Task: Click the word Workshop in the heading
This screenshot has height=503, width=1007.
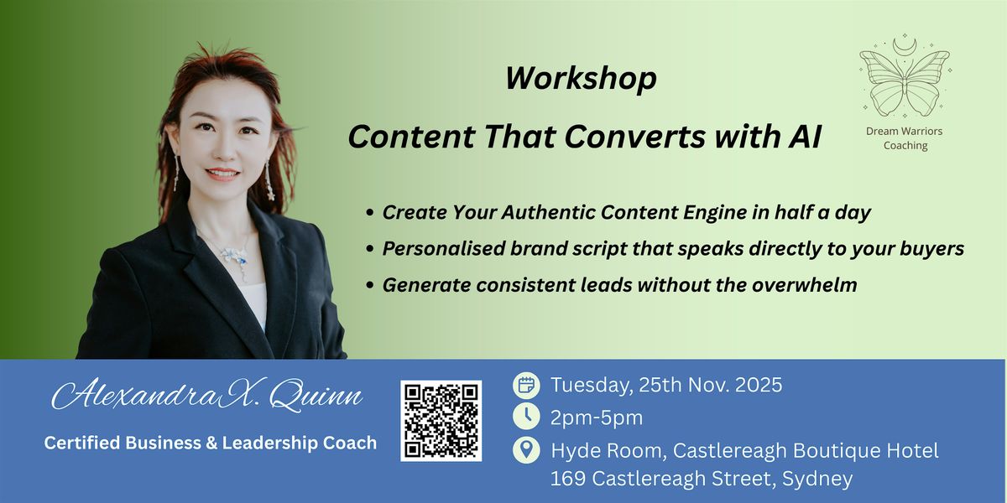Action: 581,79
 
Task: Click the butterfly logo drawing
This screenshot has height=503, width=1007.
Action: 905,79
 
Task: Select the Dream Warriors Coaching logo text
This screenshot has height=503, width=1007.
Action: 905,138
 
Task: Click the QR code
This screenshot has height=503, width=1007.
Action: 441,421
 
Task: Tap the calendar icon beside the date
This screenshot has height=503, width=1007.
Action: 526,386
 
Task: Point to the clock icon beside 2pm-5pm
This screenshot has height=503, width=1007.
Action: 526,417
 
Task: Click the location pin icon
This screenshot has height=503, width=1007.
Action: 526,449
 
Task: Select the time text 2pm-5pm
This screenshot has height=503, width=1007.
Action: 597,417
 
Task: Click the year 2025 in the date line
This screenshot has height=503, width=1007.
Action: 753,386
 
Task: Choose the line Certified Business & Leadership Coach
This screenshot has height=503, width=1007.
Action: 211,443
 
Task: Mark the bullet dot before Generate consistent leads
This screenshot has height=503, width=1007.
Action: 370,286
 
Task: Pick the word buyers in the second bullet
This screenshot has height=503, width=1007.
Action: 931,249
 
